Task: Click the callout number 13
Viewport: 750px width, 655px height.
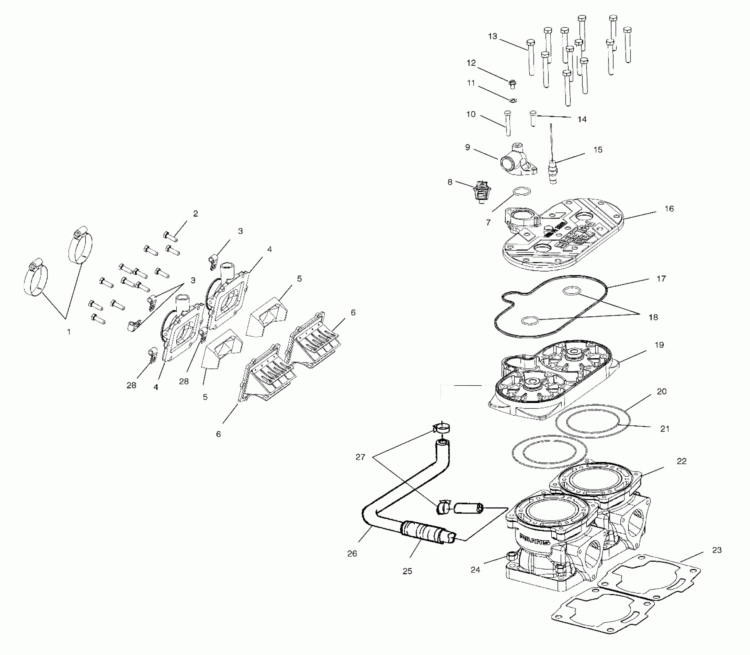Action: pyautogui.click(x=493, y=37)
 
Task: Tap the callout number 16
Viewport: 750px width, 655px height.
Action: pyautogui.click(x=669, y=209)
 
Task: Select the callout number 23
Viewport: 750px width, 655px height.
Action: pyautogui.click(x=716, y=550)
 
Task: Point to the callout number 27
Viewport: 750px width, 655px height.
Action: pyautogui.click(x=360, y=457)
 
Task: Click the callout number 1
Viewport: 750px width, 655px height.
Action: pyautogui.click(x=69, y=332)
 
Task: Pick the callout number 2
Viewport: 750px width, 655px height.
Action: pyautogui.click(x=196, y=213)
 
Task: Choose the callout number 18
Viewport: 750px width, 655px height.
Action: pyautogui.click(x=653, y=317)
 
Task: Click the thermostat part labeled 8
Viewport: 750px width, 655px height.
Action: pyautogui.click(x=481, y=192)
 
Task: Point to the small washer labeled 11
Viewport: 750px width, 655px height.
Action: pyautogui.click(x=513, y=101)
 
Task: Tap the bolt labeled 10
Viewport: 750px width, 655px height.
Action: pyautogui.click(x=507, y=123)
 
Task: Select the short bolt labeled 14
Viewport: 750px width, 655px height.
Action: pyautogui.click(x=533, y=118)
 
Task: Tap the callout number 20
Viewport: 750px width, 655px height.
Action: pyautogui.click(x=662, y=391)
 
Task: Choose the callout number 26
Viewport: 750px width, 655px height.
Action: pyautogui.click(x=352, y=554)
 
